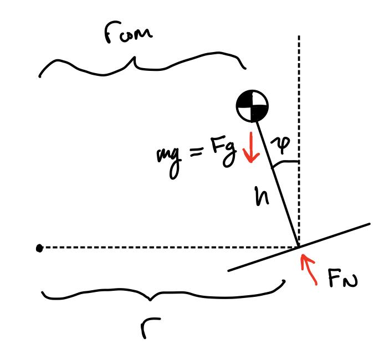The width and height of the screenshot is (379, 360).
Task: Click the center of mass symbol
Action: coord(253,106)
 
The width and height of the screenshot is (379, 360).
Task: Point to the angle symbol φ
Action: coord(281,145)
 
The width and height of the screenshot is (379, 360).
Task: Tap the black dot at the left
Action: coord(39,248)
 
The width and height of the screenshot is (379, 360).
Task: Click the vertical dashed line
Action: coord(299,83)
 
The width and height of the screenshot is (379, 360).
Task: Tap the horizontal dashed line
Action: coord(166,248)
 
